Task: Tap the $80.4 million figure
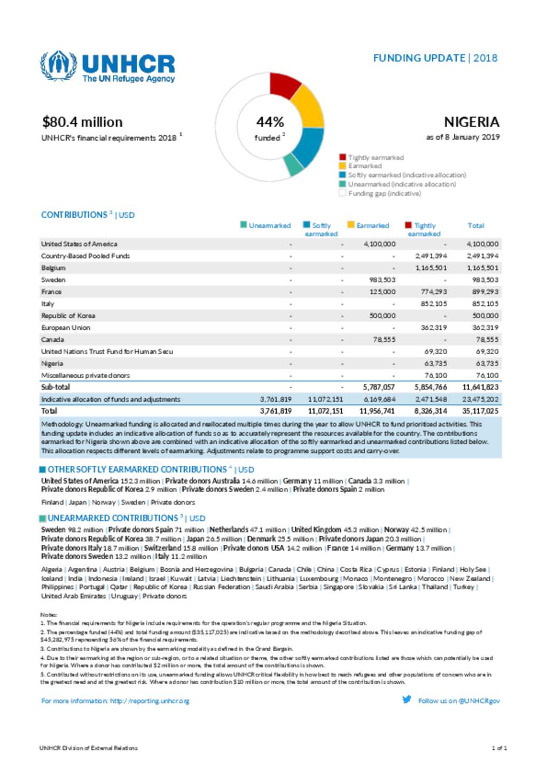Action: pos(82,122)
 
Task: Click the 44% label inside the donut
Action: pos(270,122)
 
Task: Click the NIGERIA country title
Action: pos(471,122)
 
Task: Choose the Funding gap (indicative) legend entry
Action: pos(384,193)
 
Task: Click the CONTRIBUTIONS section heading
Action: pos(74,215)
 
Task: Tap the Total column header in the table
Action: pos(475,225)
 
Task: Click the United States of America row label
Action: pos(79,244)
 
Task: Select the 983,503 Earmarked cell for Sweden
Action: pos(382,280)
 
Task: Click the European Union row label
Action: pos(66,327)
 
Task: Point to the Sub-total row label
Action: pos(56,387)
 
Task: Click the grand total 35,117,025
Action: pos(480,411)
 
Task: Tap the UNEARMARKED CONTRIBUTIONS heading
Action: pos(113,518)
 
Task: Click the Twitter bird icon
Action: pos(407,700)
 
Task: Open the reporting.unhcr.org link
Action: pos(150,701)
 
